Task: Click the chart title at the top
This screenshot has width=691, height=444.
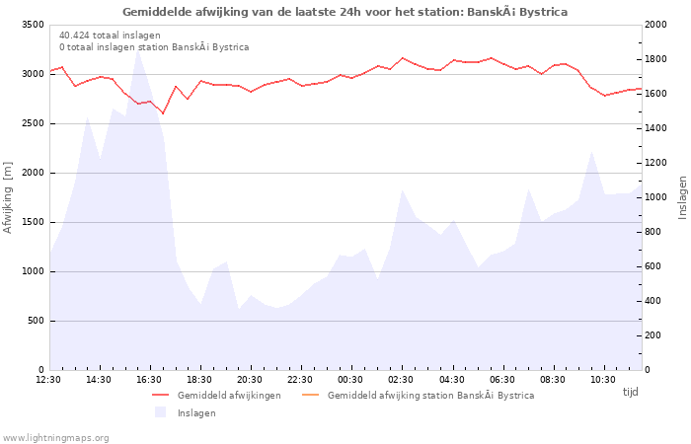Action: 345,12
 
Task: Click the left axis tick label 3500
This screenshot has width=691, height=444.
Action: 32,25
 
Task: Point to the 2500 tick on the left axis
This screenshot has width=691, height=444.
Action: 32,123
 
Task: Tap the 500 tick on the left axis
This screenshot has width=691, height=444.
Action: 36,321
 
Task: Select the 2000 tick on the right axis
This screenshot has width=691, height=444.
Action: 658,25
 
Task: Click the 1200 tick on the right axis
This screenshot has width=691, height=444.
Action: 658,163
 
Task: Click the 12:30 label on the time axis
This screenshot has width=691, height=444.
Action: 48,379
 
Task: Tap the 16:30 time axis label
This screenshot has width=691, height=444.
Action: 149,379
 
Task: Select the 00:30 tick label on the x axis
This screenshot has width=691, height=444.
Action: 350,379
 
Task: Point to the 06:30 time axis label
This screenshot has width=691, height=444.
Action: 502,379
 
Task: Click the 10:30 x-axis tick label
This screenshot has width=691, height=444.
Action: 603,379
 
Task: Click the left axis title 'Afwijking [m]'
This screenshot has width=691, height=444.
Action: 9,197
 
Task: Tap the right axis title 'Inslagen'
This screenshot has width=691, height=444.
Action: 682,197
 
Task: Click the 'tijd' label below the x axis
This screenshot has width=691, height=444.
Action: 630,392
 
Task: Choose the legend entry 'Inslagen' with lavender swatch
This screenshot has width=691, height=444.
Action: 196,413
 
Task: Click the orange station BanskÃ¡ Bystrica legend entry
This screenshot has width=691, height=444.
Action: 430,396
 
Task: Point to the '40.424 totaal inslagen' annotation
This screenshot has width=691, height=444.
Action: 110,36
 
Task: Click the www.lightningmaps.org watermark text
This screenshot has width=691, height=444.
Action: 56,438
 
